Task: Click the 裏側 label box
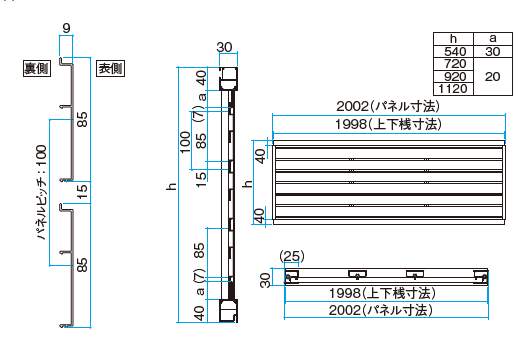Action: (37, 69)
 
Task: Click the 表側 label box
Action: (110, 69)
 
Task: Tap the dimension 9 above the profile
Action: (66, 28)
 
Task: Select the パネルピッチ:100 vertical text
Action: (41, 192)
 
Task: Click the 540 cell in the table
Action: (453, 51)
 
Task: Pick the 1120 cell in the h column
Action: (453, 89)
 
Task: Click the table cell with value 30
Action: (493, 51)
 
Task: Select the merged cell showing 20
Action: (493, 77)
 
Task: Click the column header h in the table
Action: (453, 39)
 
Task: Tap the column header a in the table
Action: (493, 39)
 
